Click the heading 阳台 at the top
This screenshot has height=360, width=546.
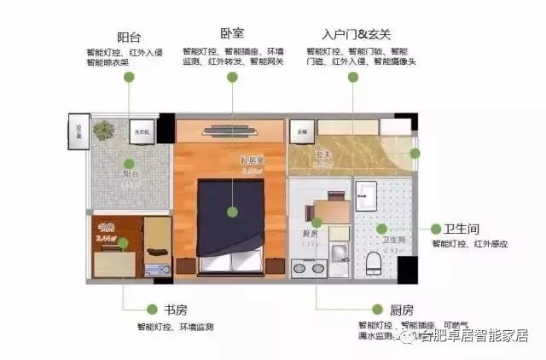[x=129, y=37]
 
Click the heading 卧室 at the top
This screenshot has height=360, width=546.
[x=231, y=33]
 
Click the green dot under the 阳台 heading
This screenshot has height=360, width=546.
[x=129, y=77]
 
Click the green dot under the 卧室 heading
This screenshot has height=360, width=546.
[x=231, y=77]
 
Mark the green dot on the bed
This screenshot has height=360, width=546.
[x=231, y=211]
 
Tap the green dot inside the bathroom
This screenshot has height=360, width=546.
[x=381, y=229]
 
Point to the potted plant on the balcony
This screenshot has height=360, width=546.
[x=104, y=131]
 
